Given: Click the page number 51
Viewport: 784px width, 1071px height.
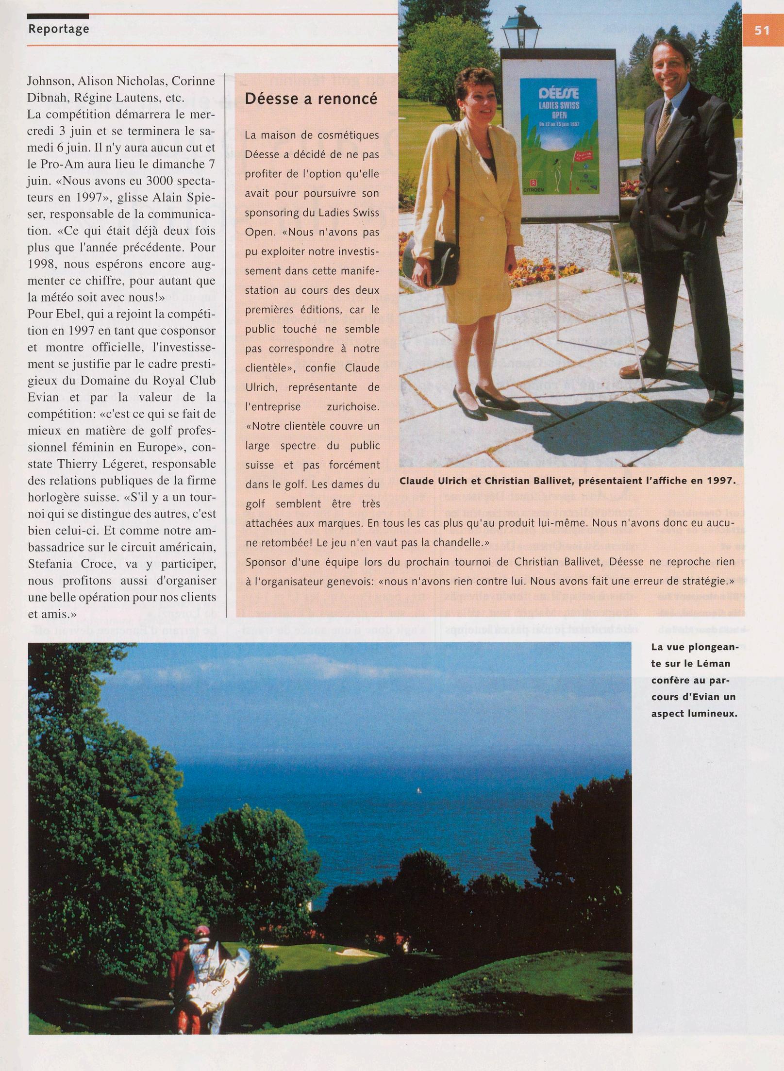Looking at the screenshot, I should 762,30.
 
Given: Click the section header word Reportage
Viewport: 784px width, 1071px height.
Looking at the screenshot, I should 59,29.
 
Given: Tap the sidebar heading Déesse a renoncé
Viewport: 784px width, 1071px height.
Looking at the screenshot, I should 311,99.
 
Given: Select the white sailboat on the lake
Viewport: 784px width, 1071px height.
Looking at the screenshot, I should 416,791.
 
